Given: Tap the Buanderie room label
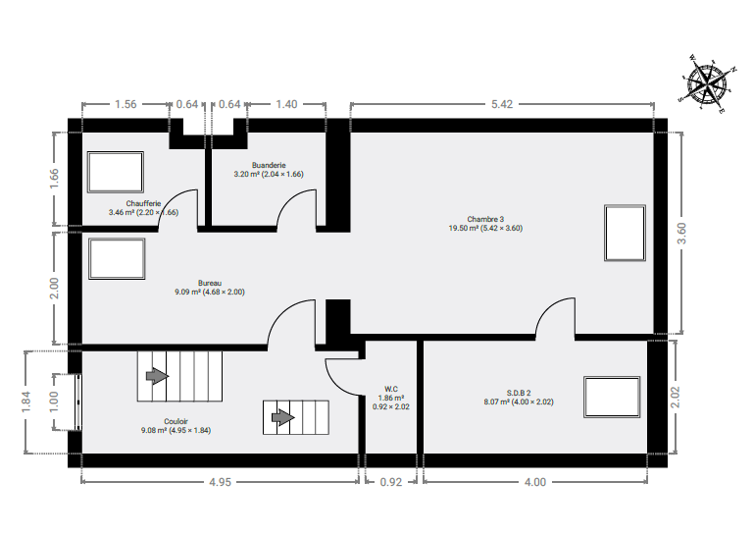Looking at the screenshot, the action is tap(269, 165).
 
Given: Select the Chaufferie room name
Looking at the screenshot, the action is tap(143, 203).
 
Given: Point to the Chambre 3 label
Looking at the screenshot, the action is tap(485, 219).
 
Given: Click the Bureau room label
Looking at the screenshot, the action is tap(210, 283).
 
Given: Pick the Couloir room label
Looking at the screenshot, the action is tap(176, 421).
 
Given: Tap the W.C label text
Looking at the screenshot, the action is tap(391, 389).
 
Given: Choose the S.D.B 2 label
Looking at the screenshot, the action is tap(519, 393).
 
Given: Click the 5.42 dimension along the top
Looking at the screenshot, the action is tap(502, 104).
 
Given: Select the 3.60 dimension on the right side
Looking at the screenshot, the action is tap(681, 233).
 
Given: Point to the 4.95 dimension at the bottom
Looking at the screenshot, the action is tap(220, 482).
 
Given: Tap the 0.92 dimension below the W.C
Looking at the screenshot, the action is tap(391, 482).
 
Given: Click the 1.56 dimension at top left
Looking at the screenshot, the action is tap(125, 104).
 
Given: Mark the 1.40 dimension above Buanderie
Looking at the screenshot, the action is tap(286, 104).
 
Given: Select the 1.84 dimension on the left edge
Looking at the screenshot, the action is tap(25, 402).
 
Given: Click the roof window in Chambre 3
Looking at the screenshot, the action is tap(625, 233).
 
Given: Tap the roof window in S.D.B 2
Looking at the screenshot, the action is tap(612, 397).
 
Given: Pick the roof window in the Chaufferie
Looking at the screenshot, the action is tap(116, 172).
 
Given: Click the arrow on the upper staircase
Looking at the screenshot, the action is tap(157, 376).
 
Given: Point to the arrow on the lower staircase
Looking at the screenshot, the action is tap(282, 417).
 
